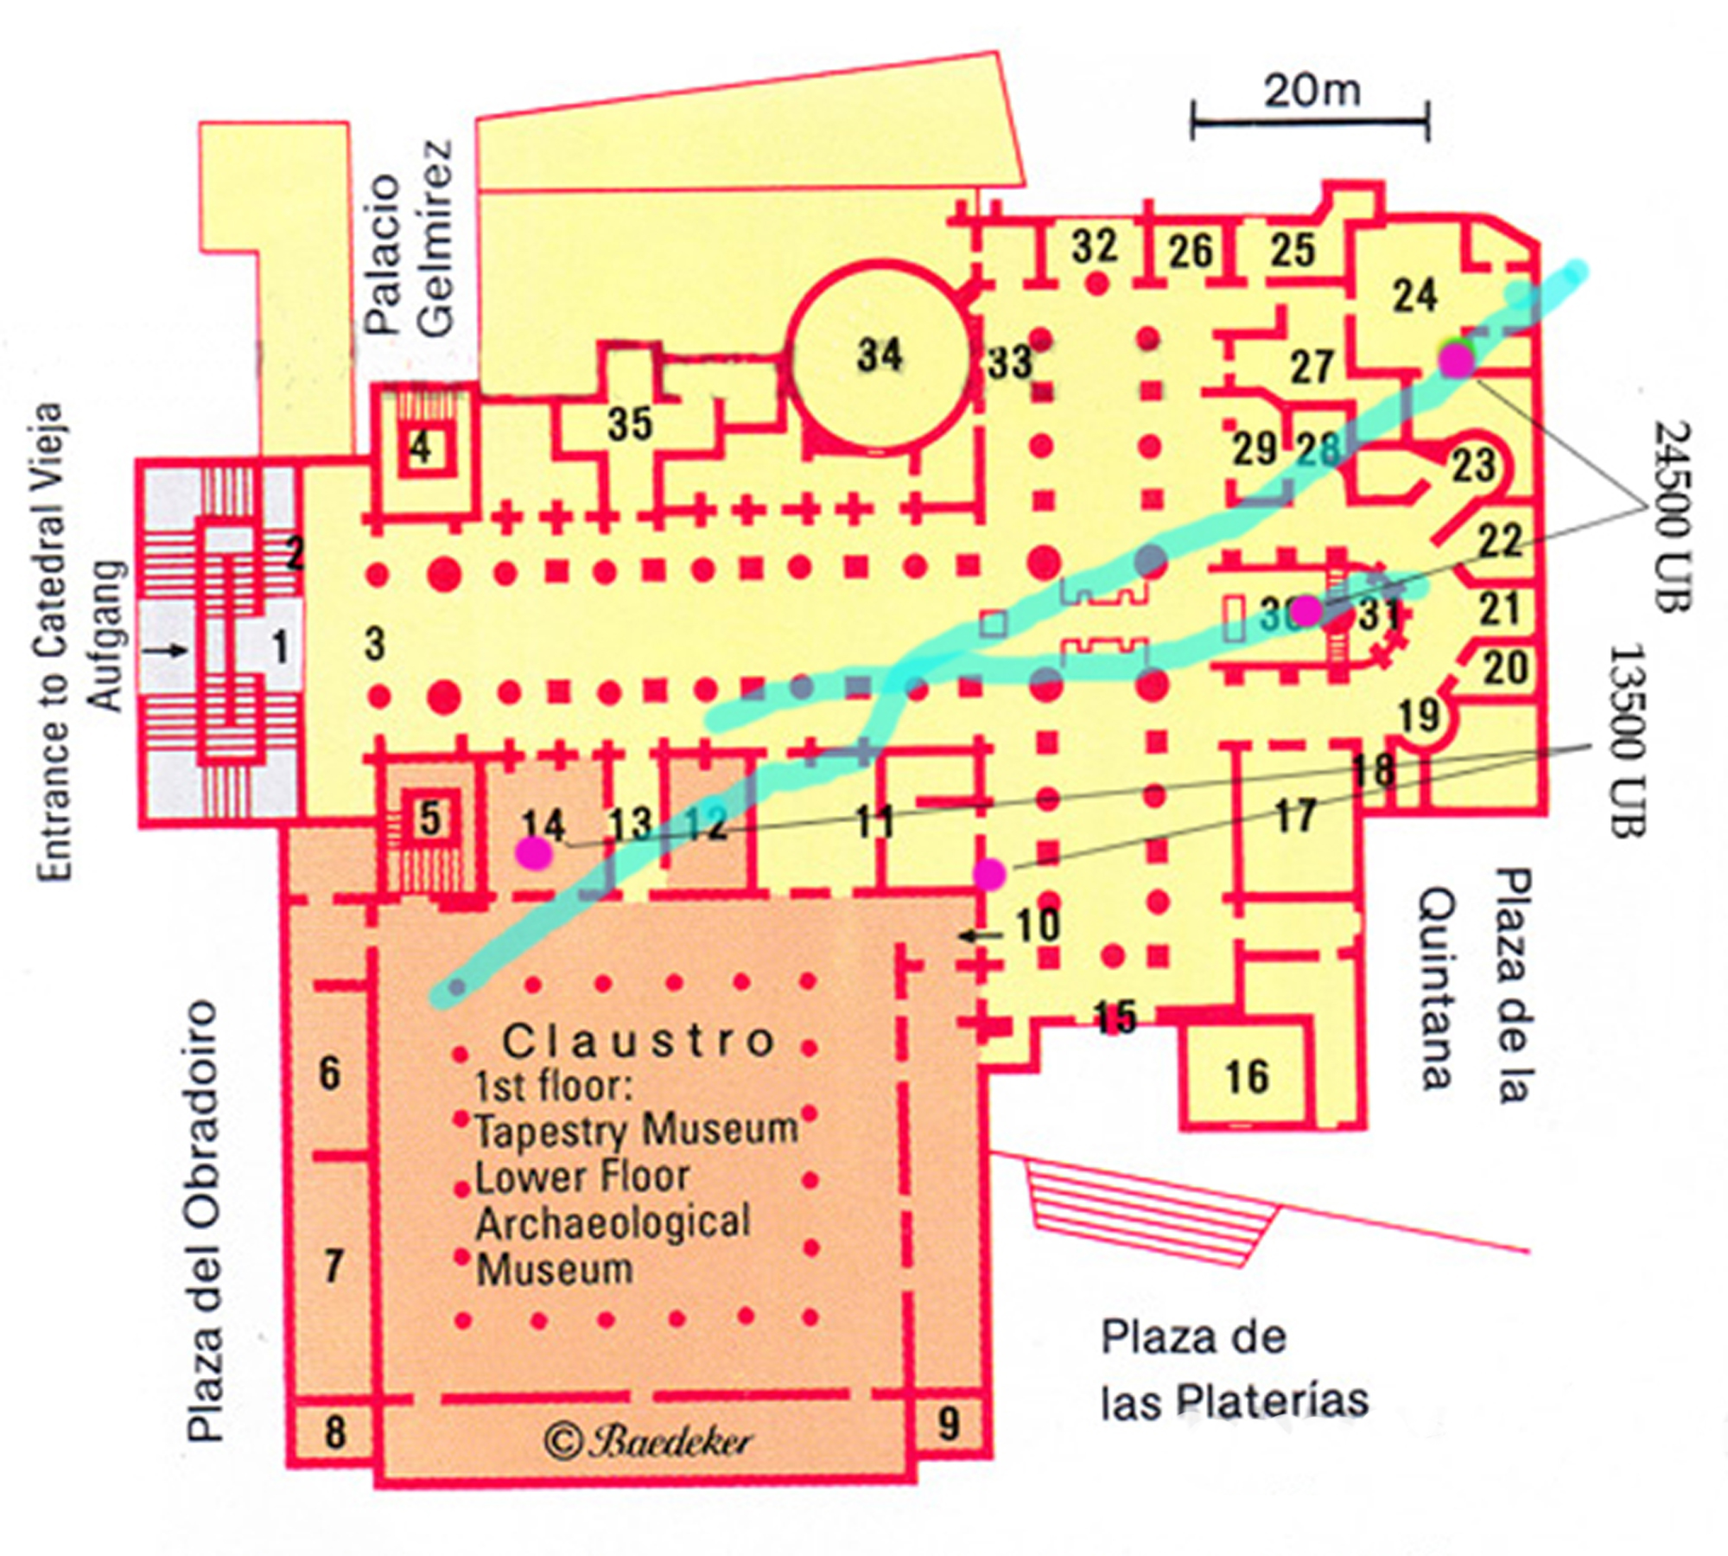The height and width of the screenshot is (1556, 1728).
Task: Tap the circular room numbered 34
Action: pyautogui.click(x=880, y=356)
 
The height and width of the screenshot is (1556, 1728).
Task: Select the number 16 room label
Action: pyautogui.click(x=1247, y=1077)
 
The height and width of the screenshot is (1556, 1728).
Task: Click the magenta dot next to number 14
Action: pyautogui.click(x=533, y=854)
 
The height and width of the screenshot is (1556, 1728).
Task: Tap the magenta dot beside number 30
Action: pyautogui.click(x=1306, y=611)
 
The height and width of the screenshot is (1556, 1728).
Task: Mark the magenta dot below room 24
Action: pyautogui.click(x=1456, y=361)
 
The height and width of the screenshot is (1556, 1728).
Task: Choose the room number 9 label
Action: pyautogui.click(x=948, y=1424)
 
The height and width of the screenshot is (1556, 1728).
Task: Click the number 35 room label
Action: pyautogui.click(x=629, y=424)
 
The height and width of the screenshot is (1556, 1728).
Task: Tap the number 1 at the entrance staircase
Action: pyautogui.click(x=279, y=647)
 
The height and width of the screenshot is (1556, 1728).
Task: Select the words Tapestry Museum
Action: pyautogui.click(x=636, y=1131)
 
